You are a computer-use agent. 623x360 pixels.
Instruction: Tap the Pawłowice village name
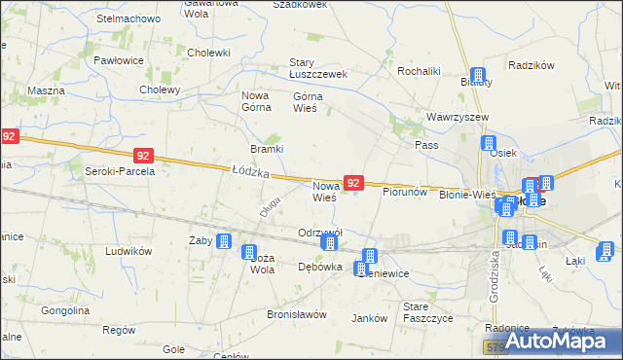pos(119,60)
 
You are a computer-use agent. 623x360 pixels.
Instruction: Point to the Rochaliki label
pos(421,71)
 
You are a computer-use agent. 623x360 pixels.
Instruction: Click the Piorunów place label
pos(406,193)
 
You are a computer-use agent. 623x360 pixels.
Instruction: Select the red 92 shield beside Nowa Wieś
pos(354,183)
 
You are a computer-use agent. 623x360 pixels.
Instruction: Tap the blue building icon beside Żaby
pos(224,242)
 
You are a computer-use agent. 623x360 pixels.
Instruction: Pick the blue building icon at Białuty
pos(478,76)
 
